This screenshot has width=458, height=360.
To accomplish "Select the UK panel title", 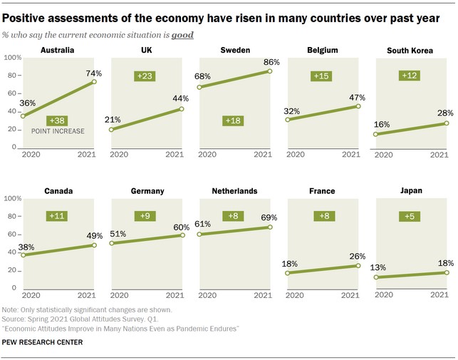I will [148, 51].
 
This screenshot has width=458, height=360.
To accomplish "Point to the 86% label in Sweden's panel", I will [271, 63].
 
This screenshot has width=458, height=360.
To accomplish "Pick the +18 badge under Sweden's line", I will [233, 120].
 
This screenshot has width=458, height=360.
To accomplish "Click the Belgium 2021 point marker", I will [358, 106].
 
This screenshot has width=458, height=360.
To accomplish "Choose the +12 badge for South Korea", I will [409, 75].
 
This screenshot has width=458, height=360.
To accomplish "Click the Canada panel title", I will [58, 191].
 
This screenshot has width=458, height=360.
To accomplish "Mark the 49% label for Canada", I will [95, 235].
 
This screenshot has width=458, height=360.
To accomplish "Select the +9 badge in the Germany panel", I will [145, 215].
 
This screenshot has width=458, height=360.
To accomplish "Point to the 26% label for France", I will [358, 256].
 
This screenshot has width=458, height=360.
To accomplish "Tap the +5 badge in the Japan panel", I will [409, 215].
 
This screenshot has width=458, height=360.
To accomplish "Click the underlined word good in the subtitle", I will [182, 34].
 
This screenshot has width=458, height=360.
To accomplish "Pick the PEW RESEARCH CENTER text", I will [42, 343].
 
